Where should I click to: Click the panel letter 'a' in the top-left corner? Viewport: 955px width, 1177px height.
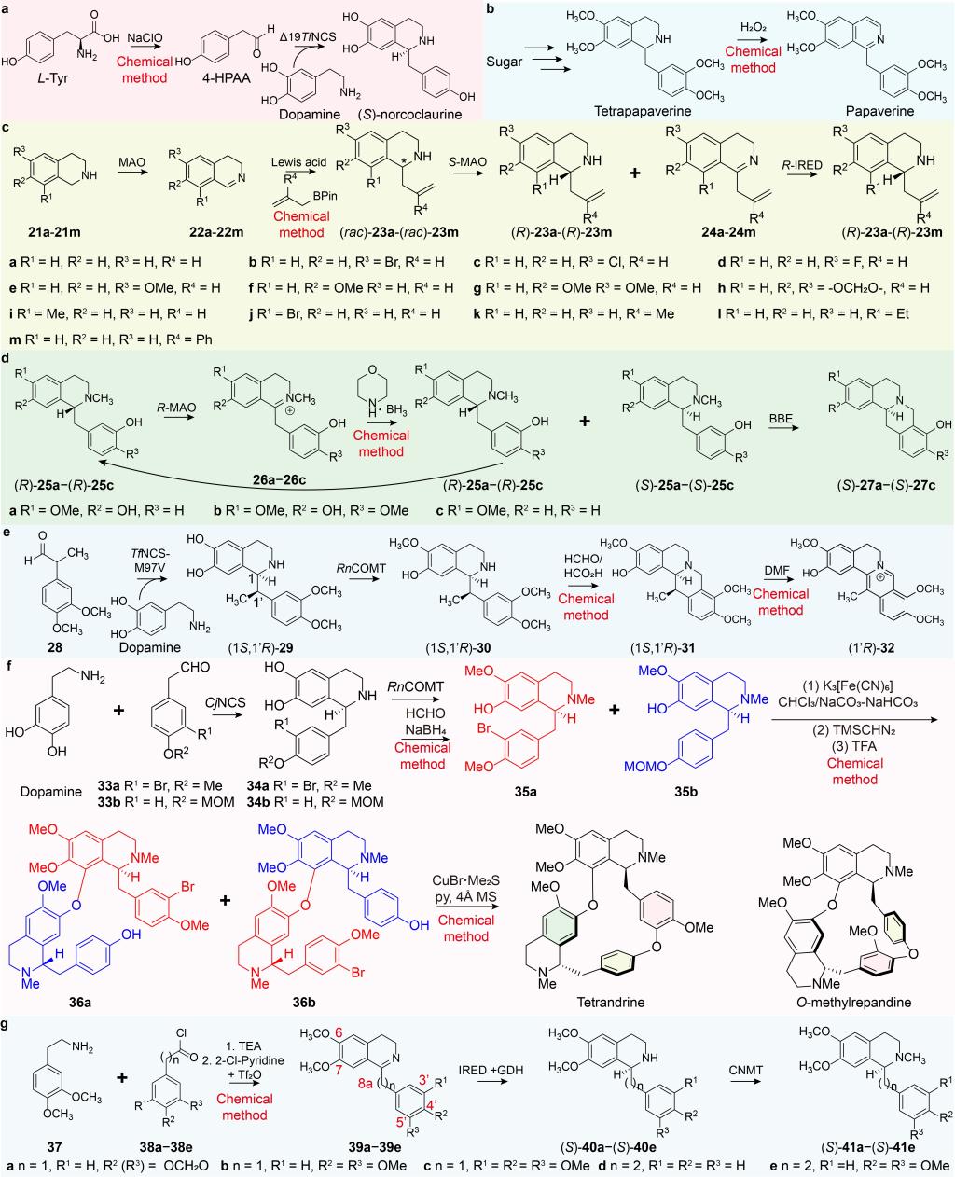7,8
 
